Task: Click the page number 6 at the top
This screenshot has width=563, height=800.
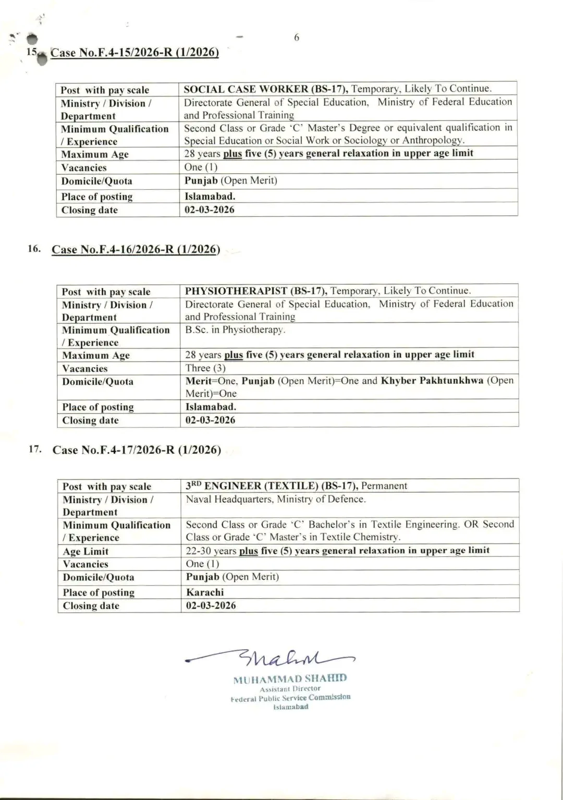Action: pyautogui.click(x=297, y=38)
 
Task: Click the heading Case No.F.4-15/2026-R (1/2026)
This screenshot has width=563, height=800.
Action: pyautogui.click(x=134, y=53)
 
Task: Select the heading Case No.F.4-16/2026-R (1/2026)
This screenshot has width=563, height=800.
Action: pyautogui.click(x=136, y=249)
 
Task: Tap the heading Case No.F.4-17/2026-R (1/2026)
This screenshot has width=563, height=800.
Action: pyautogui.click(x=137, y=450)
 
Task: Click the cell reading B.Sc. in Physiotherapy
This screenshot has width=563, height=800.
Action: pyautogui.click(x=235, y=330)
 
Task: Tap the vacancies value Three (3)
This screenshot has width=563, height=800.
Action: pyautogui.click(x=205, y=368)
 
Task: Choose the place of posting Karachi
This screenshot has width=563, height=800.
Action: pyautogui.click(x=205, y=592)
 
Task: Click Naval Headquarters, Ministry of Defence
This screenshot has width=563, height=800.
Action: pyautogui.click(x=276, y=500)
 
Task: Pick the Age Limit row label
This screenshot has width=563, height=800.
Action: pyautogui.click(x=85, y=551)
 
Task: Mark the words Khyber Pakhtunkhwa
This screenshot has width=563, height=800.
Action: pyautogui.click(x=432, y=381)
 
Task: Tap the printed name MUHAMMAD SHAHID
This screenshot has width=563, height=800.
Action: pyautogui.click(x=290, y=679)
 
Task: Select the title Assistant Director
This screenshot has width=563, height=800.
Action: pyautogui.click(x=290, y=689)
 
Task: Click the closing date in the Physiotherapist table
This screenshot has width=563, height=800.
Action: pyautogui.click(x=210, y=420)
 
